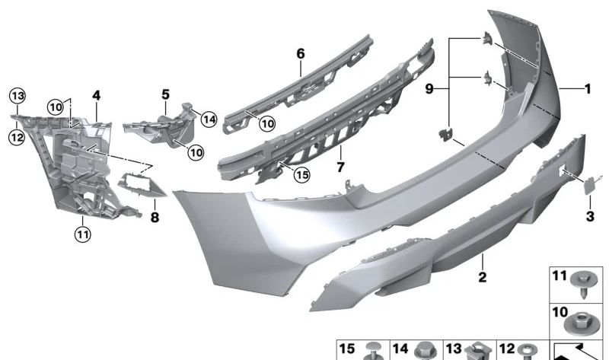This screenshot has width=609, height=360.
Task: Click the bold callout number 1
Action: click(588, 89)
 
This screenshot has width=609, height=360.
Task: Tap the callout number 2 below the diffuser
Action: click(482, 277)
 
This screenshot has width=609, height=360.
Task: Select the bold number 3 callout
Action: click(590, 216)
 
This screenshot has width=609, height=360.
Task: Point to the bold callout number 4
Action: click(97, 95)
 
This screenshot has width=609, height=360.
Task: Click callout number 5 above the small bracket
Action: click(166, 94)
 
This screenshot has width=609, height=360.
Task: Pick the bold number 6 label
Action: click(301, 53)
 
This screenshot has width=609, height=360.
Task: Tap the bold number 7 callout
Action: click(340, 167)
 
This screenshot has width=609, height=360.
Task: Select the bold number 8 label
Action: click(155, 217)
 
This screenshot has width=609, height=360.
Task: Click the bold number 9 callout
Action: click(429, 89)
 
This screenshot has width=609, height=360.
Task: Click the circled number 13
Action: click(18, 96)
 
